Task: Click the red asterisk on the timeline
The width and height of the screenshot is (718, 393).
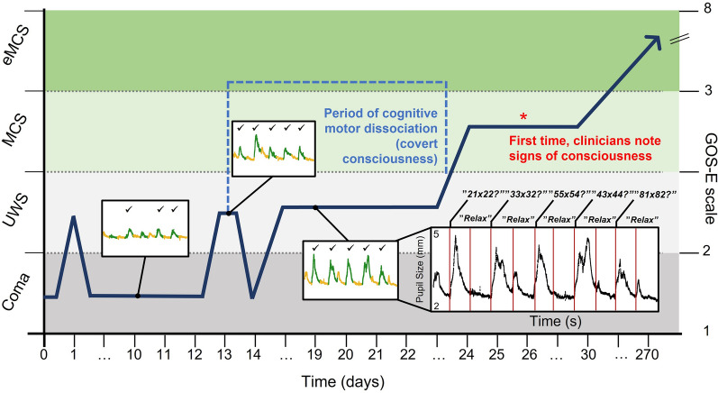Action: tap(524, 116)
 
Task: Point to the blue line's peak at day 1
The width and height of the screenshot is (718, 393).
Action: tap(74, 216)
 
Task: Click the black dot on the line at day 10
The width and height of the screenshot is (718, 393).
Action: tap(137, 296)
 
